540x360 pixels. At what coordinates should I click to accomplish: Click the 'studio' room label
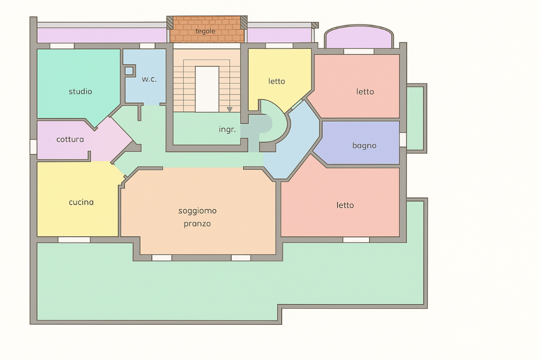80,91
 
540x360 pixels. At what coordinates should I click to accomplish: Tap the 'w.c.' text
149,79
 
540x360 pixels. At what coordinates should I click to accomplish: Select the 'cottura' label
70,139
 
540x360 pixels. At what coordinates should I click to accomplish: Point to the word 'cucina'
81,202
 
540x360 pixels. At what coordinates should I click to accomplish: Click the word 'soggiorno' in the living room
197,211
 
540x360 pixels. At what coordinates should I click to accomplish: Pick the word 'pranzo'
197,224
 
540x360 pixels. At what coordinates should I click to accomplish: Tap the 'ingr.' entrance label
227,129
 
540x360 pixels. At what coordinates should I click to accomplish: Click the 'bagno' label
364,145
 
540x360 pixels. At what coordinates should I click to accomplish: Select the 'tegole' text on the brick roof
205,31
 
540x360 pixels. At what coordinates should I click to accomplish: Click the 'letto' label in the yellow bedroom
277,81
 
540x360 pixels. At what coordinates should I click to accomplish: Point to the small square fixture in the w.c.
129,71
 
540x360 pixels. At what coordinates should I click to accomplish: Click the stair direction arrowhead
229,109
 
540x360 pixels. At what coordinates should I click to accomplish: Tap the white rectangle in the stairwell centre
207,89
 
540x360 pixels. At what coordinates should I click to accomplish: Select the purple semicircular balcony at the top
359,37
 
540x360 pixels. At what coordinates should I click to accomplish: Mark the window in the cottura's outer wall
33,147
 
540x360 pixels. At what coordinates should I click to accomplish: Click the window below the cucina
74,240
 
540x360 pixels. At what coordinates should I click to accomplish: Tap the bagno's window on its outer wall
403,139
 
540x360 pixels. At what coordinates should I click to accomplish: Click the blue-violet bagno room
358,142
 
